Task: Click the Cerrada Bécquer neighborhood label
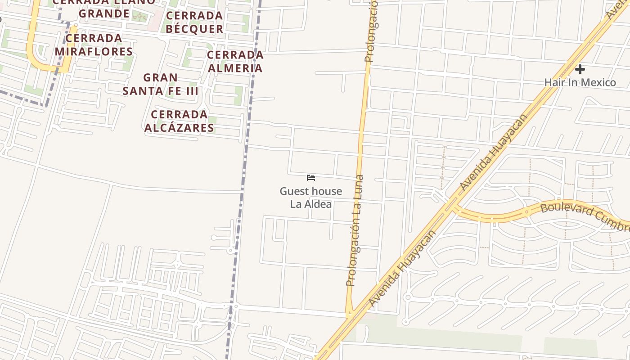click(x=194, y=22)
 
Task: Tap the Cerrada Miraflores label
click(x=94, y=45)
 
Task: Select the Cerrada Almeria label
click(x=235, y=61)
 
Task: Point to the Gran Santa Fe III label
click(x=160, y=84)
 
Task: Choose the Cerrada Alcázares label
click(x=179, y=121)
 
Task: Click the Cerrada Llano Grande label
click(x=104, y=7)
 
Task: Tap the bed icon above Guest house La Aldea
click(x=310, y=178)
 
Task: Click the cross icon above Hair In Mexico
click(x=580, y=69)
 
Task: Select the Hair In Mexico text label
click(x=580, y=82)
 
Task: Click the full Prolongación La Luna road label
click(x=355, y=230)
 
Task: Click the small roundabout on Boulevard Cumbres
click(x=526, y=211)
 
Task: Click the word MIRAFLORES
click(x=94, y=51)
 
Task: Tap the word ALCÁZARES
click(x=179, y=128)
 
